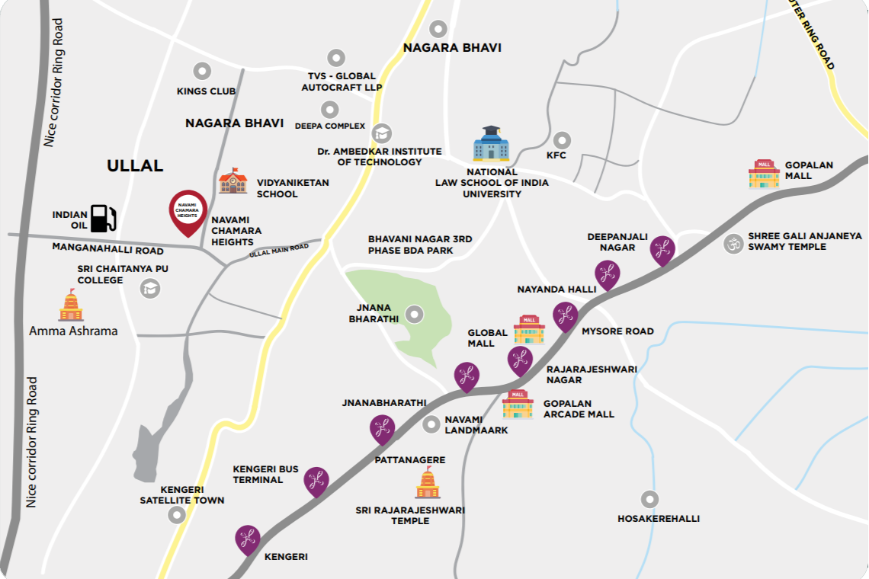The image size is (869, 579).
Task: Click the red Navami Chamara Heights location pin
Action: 188,211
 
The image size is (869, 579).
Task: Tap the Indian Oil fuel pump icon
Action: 103,218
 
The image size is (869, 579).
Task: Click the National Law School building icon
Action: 491,144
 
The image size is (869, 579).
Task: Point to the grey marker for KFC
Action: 562,141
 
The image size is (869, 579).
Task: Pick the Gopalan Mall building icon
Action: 764,174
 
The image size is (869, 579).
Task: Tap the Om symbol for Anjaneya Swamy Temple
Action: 733,244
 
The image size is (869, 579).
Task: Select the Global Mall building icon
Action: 529,330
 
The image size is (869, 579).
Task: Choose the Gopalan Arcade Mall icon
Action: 518,405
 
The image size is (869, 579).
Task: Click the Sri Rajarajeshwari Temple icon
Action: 428,484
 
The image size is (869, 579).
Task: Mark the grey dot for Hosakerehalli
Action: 649,500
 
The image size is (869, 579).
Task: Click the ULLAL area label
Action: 136,165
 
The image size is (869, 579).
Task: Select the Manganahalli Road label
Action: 107,249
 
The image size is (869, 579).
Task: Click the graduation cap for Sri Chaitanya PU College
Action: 150,288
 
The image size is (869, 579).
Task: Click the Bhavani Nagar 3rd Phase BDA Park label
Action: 420,245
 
